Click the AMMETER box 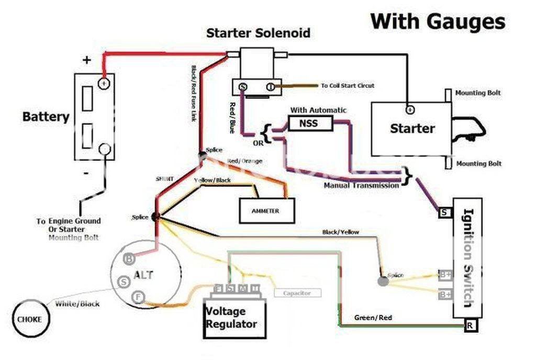pyautogui.click(x=266, y=211)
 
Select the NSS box pyautogui.click(x=310, y=123)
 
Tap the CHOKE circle pyautogui.click(x=30, y=319)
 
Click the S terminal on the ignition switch pyautogui.click(x=444, y=212)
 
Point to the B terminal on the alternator pyautogui.click(x=128, y=258)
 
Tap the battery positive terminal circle pyautogui.click(x=105, y=83)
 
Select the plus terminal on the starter pyautogui.click(x=410, y=110)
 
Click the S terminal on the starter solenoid pyautogui.click(x=243, y=87)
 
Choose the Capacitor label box pyautogui.click(x=297, y=294)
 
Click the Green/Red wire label pyautogui.click(x=373, y=318)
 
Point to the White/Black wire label pyautogui.click(x=77, y=303)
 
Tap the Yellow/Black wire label pyautogui.click(x=212, y=181)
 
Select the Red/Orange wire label pyautogui.click(x=244, y=161)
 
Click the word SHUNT pyautogui.click(x=164, y=178)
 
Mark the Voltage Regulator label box pyautogui.click(x=231, y=318)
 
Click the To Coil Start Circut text pyautogui.click(x=348, y=85)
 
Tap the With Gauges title pyautogui.click(x=438, y=21)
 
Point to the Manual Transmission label pyautogui.click(x=361, y=185)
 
